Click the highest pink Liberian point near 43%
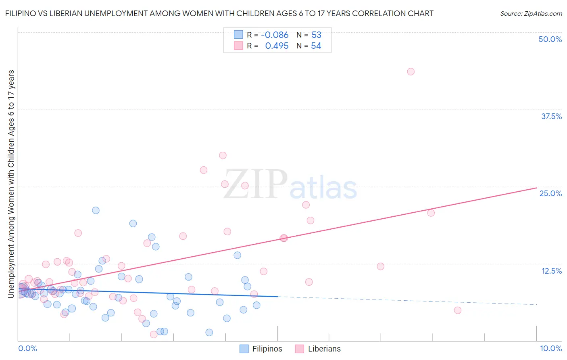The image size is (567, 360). [x=411, y=71]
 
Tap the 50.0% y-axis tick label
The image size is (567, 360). [x=550, y=39]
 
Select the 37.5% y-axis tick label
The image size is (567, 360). [x=551, y=116]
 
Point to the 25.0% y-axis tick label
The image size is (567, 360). [x=550, y=193]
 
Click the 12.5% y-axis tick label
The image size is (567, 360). [x=551, y=271]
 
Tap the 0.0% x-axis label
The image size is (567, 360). [x=27, y=348]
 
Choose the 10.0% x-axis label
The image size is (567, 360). [x=550, y=348]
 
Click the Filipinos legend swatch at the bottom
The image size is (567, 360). [x=244, y=349]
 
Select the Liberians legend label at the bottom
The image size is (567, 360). [x=324, y=349]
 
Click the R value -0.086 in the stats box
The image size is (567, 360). [x=275, y=35]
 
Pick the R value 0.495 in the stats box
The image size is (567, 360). [x=277, y=46]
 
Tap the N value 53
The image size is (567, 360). [x=316, y=35]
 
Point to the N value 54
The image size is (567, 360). [x=316, y=46]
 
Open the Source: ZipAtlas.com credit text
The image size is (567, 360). [x=531, y=13]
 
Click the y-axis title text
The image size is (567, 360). [x=11, y=184]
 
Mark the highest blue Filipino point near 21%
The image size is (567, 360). [x=96, y=210]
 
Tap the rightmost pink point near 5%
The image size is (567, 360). [x=457, y=310]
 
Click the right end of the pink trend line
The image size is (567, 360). [x=536, y=188]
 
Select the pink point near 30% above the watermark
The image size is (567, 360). [x=223, y=155]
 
